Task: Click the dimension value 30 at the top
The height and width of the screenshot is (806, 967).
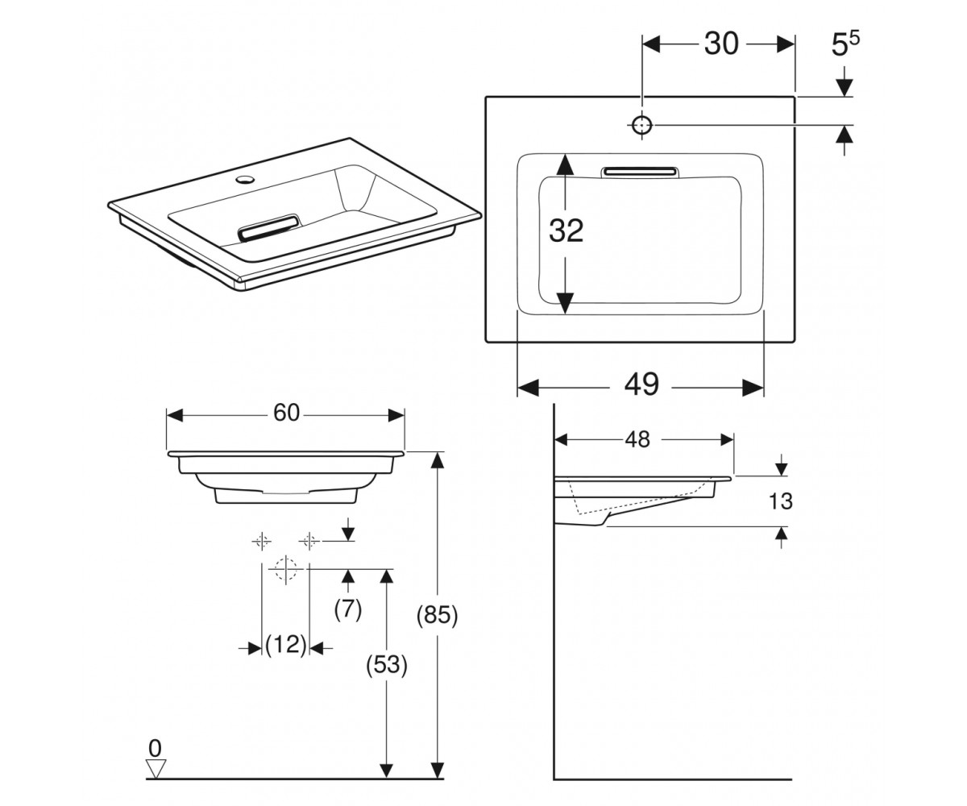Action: (721, 44)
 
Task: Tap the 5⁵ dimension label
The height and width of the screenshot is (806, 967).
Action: (845, 44)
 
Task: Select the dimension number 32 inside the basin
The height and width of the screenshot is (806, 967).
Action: (566, 231)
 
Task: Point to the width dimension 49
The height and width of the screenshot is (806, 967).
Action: (641, 384)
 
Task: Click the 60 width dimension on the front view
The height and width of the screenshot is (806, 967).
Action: (286, 413)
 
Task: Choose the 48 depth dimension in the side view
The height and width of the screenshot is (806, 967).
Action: (637, 439)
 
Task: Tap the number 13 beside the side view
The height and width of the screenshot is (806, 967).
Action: (780, 501)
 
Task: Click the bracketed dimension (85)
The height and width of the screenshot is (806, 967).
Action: (438, 616)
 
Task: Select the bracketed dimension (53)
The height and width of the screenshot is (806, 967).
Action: (387, 666)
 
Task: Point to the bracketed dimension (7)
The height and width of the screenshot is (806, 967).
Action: (348, 609)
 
